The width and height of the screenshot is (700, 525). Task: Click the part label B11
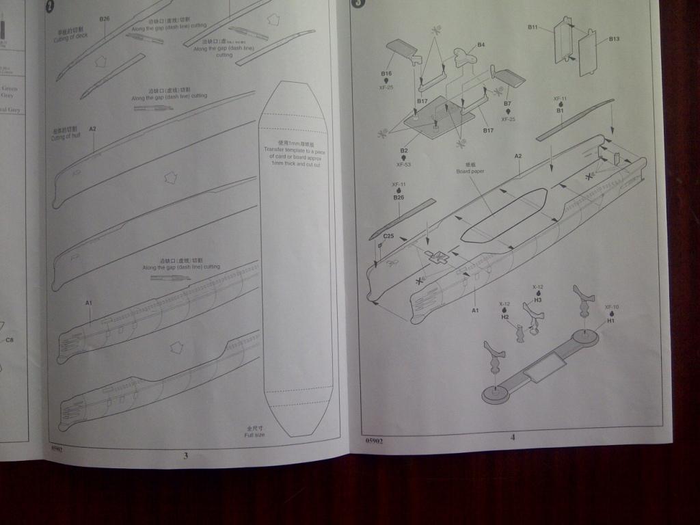pos(533,27)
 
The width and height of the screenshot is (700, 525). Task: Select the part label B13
pos(614,39)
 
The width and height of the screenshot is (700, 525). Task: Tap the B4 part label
pos(481,44)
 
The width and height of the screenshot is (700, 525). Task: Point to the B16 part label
pos(386,72)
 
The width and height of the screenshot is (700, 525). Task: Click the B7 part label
pos(507,104)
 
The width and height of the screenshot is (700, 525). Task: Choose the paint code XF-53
pos(403,164)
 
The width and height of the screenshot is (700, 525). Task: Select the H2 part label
pos(504,317)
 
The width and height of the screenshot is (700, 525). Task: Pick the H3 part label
pos(537,300)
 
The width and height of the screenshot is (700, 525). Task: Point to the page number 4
pos(513,438)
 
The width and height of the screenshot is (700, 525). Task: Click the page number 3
pos(185,455)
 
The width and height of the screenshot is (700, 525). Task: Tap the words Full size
pos(254,435)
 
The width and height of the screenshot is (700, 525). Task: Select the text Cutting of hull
pos(66,137)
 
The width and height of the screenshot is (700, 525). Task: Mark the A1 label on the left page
pos(89,302)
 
